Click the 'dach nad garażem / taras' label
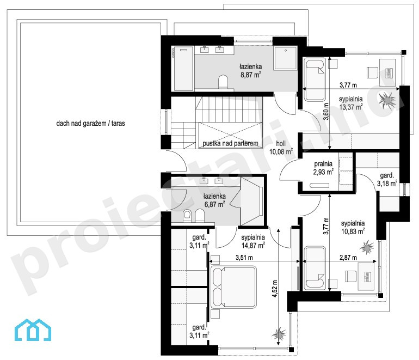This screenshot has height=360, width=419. pos(90,123)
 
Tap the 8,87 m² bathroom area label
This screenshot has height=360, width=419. pos(251,75)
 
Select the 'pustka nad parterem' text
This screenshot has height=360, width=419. pos(230,144)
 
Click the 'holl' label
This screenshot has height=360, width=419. pos(281,143)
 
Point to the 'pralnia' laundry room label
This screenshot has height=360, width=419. pos(323,164)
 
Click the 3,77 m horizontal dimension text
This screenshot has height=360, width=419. pos(348,85)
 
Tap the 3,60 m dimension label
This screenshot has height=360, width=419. pos(326,112)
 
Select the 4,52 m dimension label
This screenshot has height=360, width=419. pos(275,289)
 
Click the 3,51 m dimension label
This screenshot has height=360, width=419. pos(244,258)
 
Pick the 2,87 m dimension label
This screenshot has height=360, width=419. pos(348,258)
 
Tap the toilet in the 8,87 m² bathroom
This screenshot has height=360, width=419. pos(223,82)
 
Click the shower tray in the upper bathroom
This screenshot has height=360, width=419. pos(286,58)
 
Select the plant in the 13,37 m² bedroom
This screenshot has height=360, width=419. pos(387,100)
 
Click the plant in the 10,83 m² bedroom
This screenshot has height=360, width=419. pos(367,247)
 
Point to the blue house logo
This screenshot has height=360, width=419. pos(33,330)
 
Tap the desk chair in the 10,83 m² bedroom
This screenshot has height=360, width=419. pos(351,276)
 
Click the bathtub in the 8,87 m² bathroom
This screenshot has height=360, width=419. pos(183,69)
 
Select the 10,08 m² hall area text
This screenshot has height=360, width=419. pos(281,152)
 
